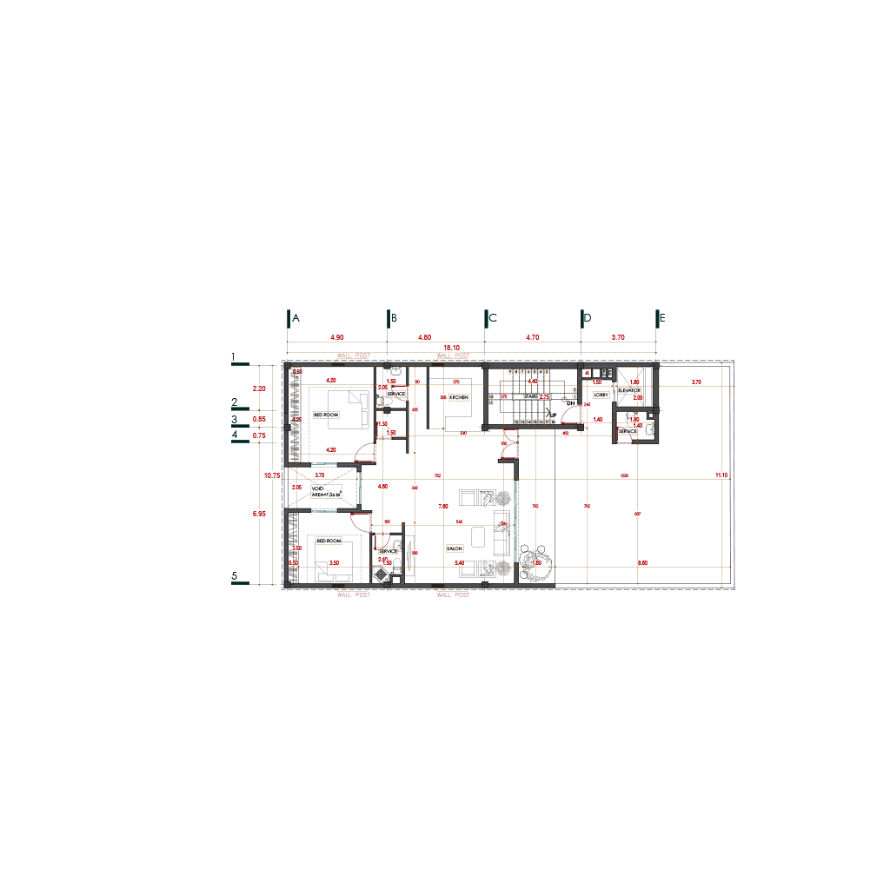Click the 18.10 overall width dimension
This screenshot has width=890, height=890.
451,348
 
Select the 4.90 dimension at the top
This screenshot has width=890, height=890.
337,336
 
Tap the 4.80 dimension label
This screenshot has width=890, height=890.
424,336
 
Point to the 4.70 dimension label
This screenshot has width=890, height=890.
533,336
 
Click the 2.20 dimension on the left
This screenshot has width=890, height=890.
259,389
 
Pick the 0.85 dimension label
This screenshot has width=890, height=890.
259,419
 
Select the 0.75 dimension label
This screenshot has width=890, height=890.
259,435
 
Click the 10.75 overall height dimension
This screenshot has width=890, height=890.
272,475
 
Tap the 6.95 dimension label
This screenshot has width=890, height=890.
259,515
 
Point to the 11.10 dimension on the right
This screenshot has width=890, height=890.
721,475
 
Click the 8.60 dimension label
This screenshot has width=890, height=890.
642,563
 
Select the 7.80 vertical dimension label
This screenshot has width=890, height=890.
442,506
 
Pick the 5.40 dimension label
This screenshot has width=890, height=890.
460,563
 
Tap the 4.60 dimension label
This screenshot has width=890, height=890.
382,487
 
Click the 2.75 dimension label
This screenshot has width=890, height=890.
544,397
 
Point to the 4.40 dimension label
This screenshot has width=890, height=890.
533,382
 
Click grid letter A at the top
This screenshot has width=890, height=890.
296,319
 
